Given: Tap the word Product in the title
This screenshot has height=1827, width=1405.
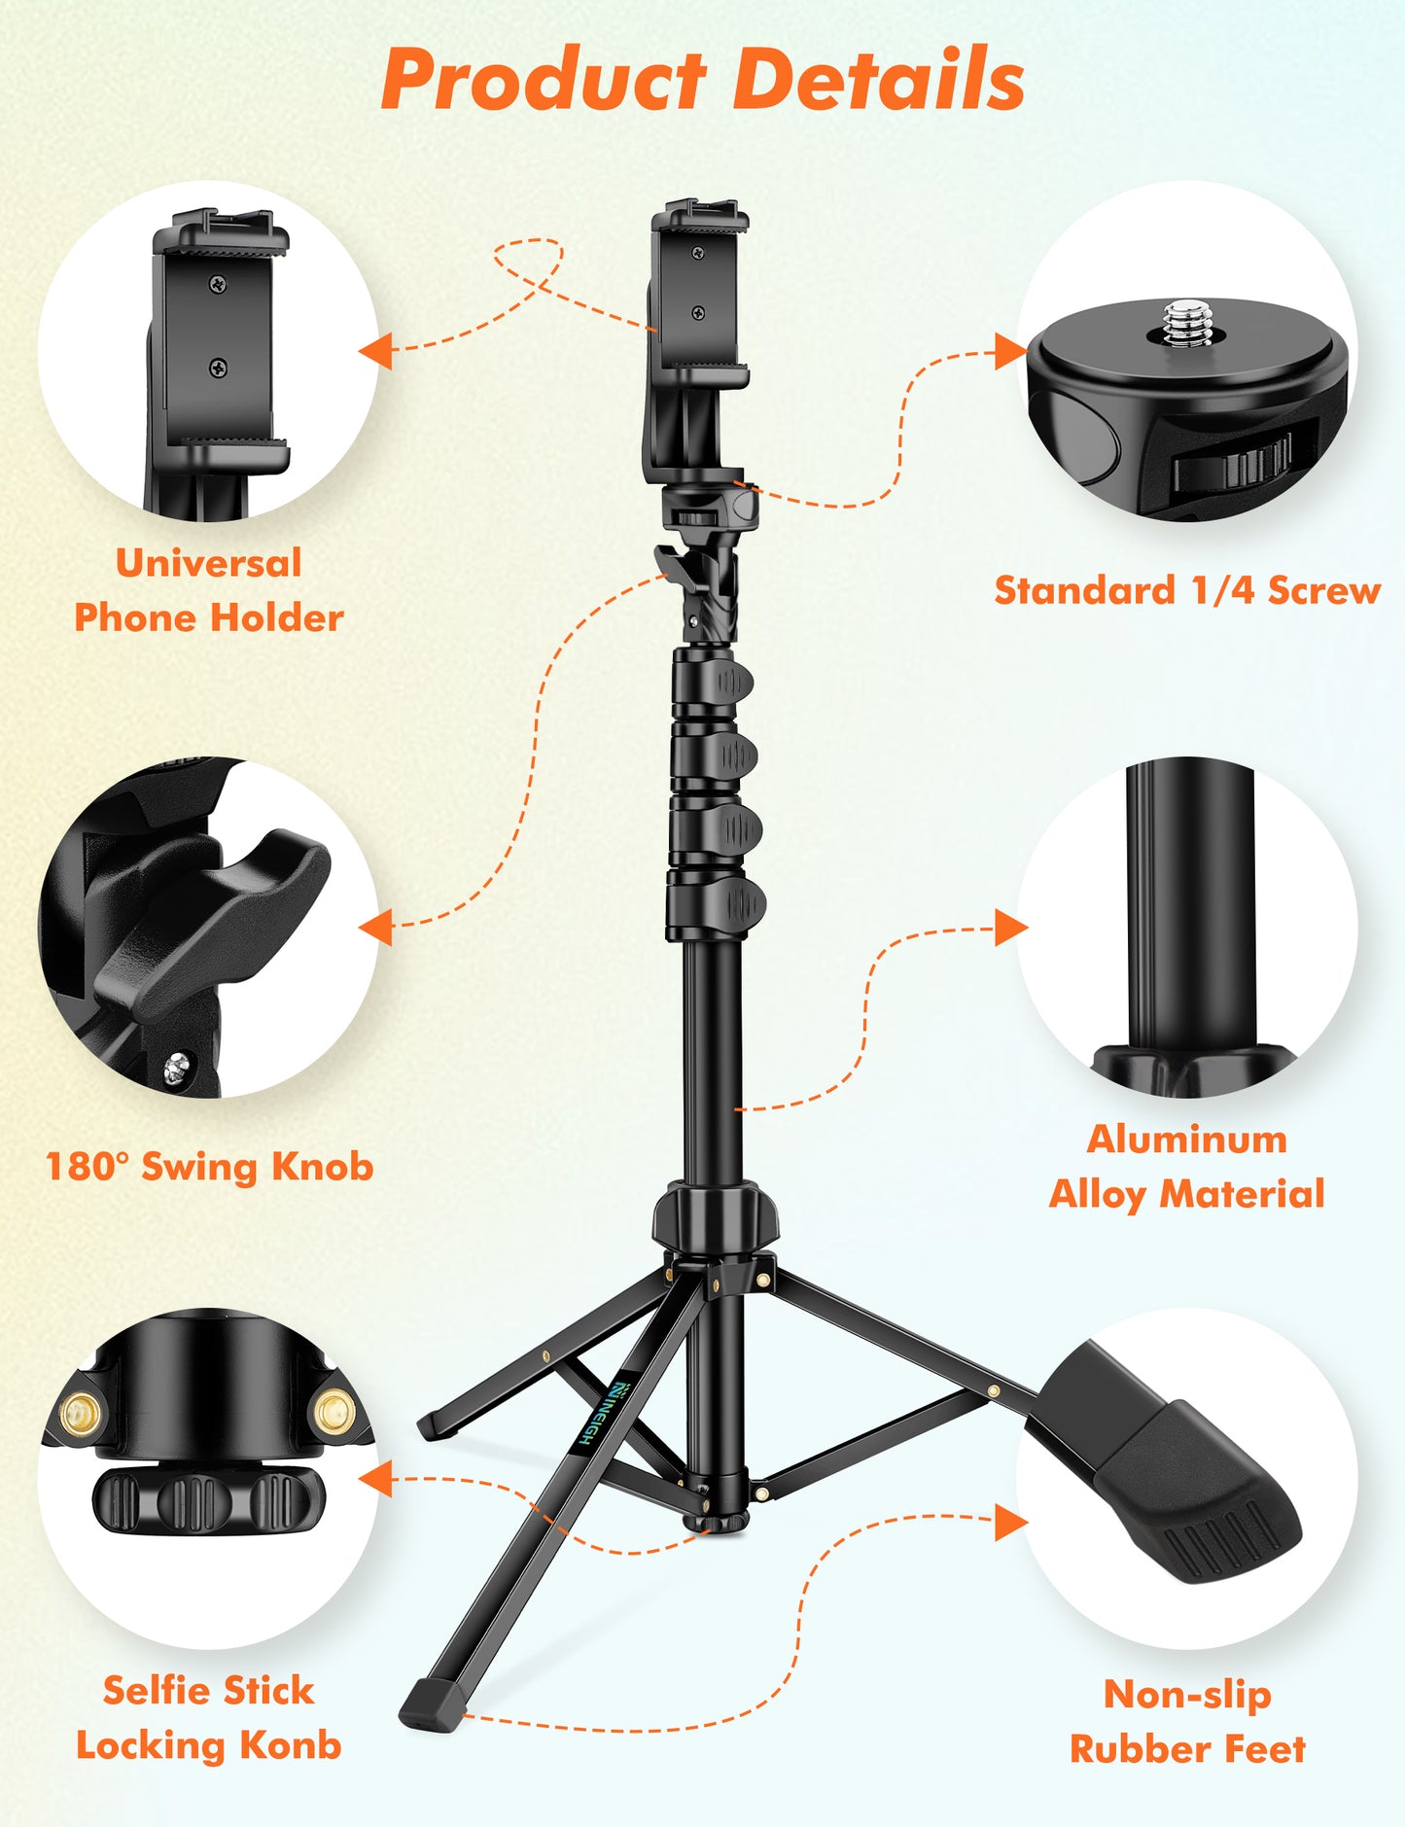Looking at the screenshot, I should coord(543,80).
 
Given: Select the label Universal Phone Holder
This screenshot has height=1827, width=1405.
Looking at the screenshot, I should coord(209,590).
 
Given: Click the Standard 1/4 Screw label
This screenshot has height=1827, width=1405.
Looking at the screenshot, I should coord(1187,590).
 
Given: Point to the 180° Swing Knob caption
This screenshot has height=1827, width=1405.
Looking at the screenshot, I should coord(209,1166).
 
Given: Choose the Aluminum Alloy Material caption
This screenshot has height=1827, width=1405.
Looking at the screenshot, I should coord(1187,1166).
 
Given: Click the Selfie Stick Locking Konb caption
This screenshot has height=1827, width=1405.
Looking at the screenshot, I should coord(209,1717).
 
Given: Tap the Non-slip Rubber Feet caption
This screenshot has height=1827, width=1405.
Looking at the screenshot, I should coord(1187,1721).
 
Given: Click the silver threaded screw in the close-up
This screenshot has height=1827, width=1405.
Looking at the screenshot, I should coord(1187,325).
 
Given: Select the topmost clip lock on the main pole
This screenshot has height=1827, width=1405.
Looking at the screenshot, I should coord(731,682).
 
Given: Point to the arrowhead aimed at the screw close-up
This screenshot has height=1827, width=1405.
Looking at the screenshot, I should coord(1011,352).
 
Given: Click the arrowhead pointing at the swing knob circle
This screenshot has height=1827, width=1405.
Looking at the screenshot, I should coord(377,928).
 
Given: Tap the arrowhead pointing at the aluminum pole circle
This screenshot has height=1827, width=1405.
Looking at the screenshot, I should coord(1011,928).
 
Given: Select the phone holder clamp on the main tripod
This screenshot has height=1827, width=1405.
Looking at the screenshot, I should coord(698,292).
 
